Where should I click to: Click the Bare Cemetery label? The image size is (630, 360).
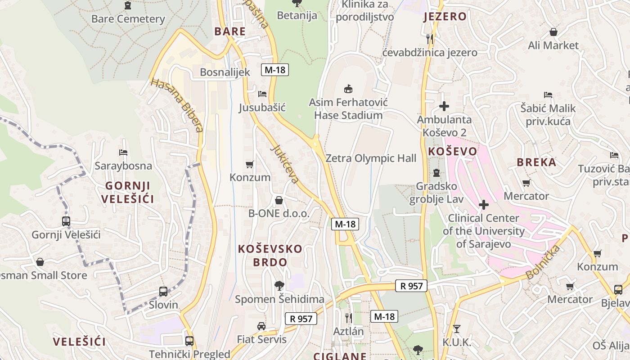[x=128, y=19]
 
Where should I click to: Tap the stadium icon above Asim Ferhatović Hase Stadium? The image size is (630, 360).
[x=348, y=89]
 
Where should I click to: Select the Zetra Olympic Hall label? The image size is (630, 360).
[x=370, y=158]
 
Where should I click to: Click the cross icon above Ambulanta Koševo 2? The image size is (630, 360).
[x=444, y=106]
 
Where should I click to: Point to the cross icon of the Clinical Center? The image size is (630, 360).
[x=484, y=205]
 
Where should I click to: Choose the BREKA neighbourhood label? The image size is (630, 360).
[x=536, y=162]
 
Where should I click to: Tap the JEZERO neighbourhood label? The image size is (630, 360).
[x=445, y=17]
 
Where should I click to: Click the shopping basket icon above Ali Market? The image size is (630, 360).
[x=553, y=32]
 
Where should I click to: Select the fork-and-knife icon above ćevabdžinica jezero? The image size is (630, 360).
[x=430, y=39]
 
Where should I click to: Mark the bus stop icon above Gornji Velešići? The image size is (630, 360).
[x=66, y=221]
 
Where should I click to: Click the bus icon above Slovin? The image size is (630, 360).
[x=163, y=291]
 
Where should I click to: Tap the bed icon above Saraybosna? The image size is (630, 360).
[x=123, y=153]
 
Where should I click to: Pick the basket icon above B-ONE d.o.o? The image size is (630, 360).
[x=279, y=200]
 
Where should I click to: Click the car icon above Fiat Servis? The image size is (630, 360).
[x=261, y=326]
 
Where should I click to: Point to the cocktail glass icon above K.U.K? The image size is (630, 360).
[x=457, y=329]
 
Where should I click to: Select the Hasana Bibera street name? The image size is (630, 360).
[x=177, y=105]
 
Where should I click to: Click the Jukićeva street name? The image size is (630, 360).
[x=285, y=164]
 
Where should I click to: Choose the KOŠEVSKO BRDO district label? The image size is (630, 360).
[x=270, y=255]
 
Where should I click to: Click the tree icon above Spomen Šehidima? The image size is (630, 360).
[x=279, y=285]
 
